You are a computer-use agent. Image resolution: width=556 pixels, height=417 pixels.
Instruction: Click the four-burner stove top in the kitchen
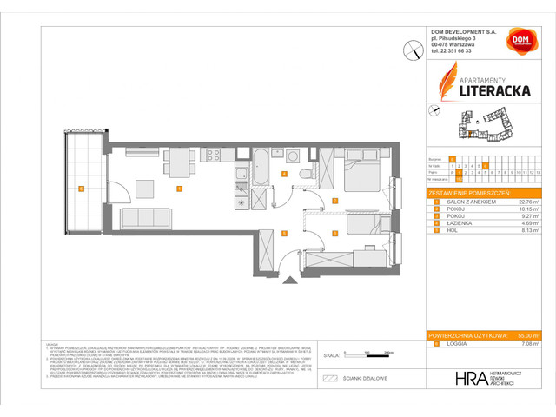(212, 156)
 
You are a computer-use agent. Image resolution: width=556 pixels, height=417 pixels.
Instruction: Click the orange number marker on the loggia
(80, 189)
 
